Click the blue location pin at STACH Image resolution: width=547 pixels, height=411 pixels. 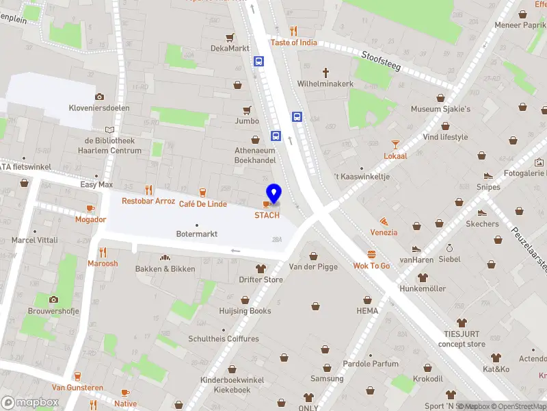point(273,193)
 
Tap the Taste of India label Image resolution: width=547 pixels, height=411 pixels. point(293,42)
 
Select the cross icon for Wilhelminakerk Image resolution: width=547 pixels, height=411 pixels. point(325,72)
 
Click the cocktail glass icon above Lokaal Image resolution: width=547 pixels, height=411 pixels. point(395,144)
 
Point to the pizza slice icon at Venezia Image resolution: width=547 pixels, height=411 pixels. point(384,221)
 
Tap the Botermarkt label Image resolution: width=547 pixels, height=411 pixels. point(197,234)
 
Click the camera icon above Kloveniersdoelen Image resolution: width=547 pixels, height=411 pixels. point(100,97)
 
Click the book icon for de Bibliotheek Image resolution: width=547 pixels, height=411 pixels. point(109,129)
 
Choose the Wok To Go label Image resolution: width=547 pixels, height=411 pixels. point(371,266)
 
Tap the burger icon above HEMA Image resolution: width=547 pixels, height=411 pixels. point(367,299)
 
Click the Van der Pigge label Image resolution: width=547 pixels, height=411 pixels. point(313,266)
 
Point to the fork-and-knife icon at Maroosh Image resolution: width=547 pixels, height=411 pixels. point(103,252)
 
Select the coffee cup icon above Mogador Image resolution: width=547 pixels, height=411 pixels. point(90,208)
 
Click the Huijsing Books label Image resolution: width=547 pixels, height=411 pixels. point(245,311)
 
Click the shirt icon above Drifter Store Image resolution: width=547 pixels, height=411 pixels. point(261,268)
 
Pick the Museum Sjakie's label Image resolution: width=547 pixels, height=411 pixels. point(440,109)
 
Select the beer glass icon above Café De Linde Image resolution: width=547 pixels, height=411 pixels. point(202,192)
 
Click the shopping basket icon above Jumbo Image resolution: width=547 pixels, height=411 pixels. point(247,110)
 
